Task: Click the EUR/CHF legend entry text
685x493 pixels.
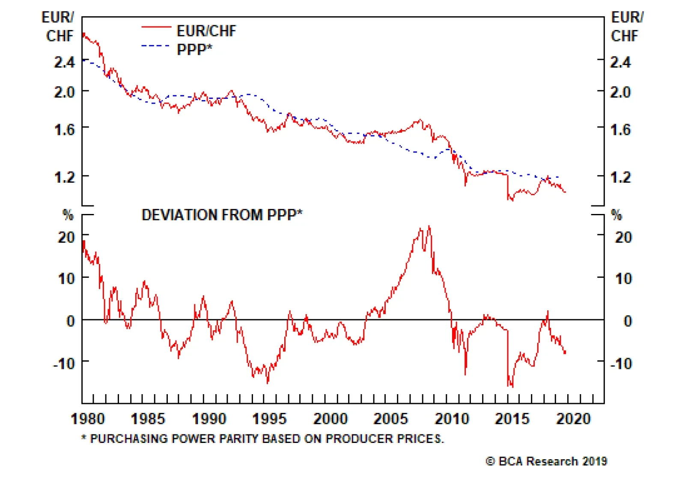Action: [x=206, y=31]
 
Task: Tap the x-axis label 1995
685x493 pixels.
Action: [x=269, y=419]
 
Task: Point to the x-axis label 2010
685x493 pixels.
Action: [x=452, y=419]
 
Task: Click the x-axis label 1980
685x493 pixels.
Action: [x=88, y=419]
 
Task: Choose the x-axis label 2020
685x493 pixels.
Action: [x=573, y=419]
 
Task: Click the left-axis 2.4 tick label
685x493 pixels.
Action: [x=65, y=62]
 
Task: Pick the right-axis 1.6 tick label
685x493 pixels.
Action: [x=620, y=129]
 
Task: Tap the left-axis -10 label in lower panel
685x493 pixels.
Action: [x=64, y=364]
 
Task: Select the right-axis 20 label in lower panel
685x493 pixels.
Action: [x=623, y=237]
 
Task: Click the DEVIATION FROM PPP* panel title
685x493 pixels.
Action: [x=222, y=215]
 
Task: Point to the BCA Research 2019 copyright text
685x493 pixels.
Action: [x=546, y=461]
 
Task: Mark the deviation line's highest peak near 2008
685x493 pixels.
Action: [x=429, y=227]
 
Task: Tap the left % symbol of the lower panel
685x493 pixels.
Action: [x=68, y=215]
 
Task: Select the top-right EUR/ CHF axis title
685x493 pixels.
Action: [x=627, y=27]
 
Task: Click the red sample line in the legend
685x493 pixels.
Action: [x=156, y=27]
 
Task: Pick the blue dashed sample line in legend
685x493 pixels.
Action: [x=156, y=46]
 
